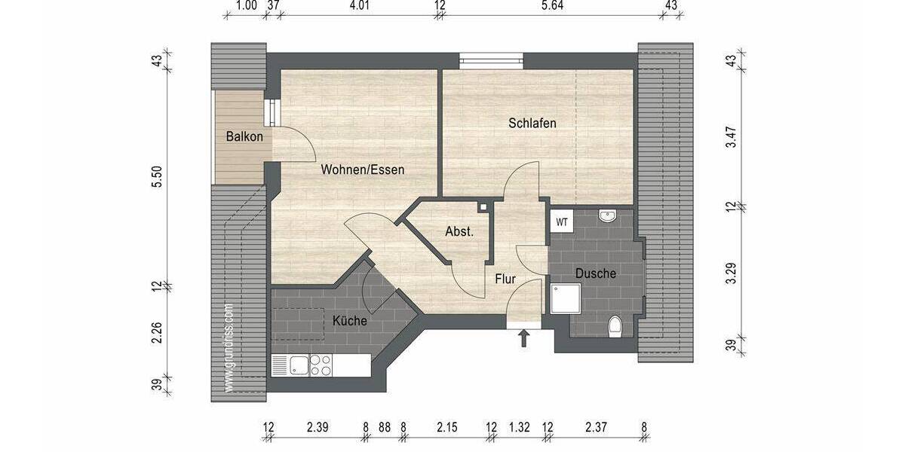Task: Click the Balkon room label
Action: (x=244, y=136)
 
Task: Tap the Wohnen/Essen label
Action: (x=362, y=169)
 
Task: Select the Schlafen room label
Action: (x=532, y=123)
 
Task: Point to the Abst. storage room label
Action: (x=459, y=232)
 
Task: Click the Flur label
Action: (x=505, y=279)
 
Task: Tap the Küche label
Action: (x=349, y=321)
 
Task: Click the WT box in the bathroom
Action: (x=562, y=222)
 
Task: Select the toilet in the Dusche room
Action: (x=614, y=326)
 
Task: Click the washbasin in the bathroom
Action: (x=608, y=217)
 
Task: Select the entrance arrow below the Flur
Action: (x=523, y=338)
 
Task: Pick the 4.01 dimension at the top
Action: (x=359, y=5)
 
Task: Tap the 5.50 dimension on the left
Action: (x=157, y=175)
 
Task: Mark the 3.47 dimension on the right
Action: (x=730, y=138)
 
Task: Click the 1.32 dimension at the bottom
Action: (x=520, y=428)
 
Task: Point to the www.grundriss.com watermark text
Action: (x=229, y=347)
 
